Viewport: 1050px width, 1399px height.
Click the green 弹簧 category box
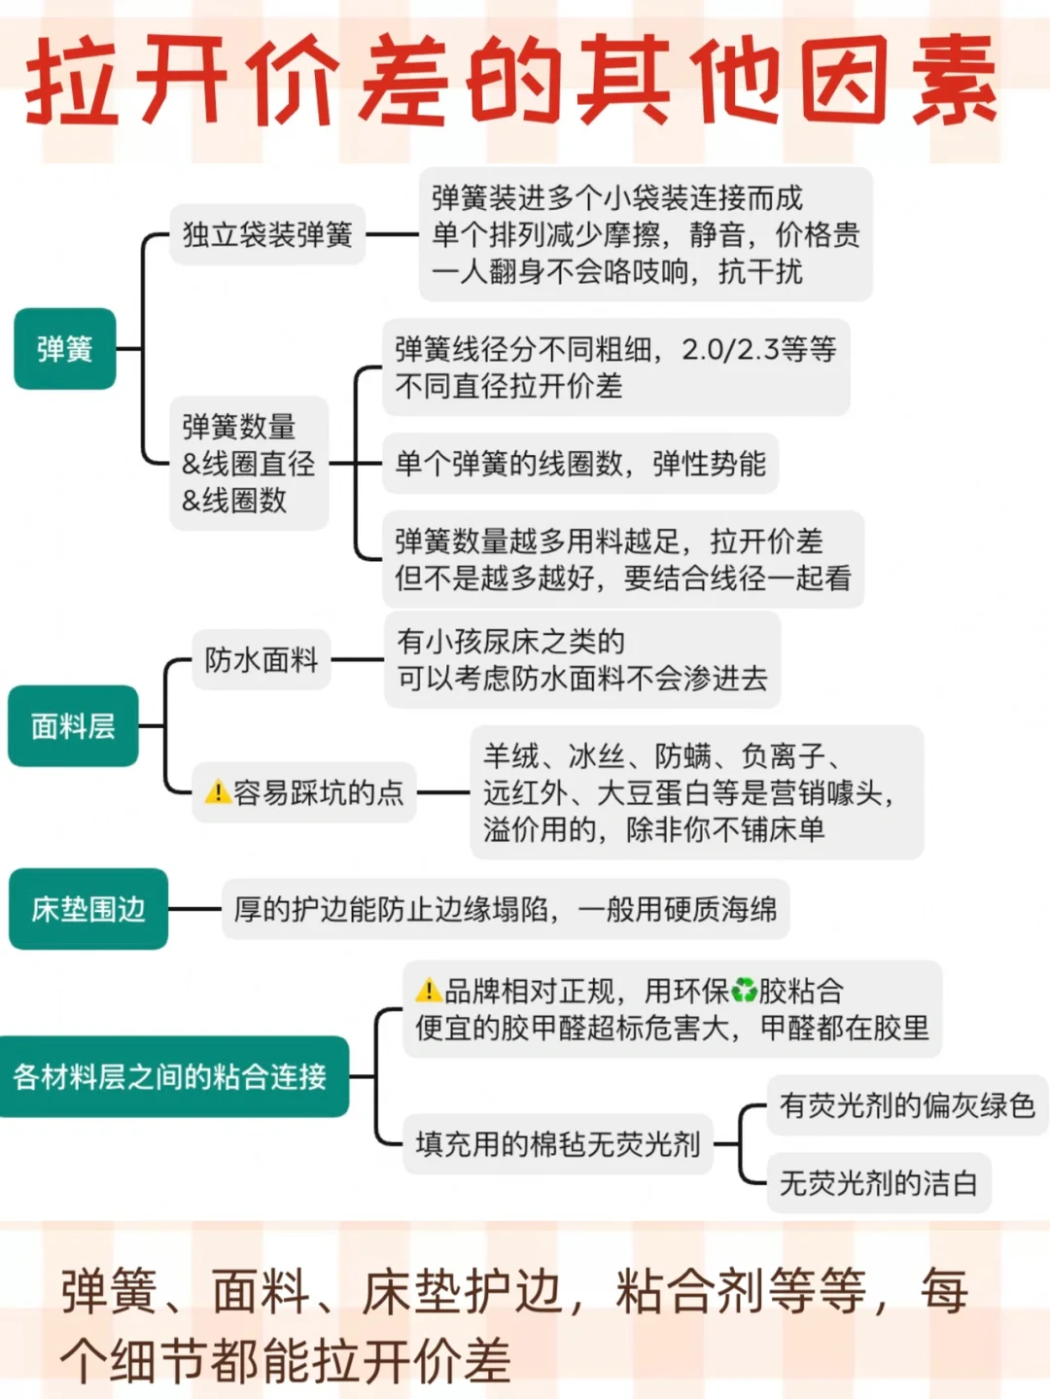point(65,349)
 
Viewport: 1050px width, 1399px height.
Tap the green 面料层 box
point(73,726)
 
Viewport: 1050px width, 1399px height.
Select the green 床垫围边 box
point(88,909)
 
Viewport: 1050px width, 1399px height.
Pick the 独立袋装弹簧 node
point(267,234)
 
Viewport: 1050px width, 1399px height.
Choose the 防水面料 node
point(262,660)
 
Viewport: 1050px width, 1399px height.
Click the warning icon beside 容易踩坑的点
point(218,792)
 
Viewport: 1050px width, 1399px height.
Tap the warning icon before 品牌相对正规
point(428,991)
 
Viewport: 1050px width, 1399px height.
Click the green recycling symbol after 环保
point(744,991)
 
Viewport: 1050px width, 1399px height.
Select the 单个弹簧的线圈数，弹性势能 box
point(580,464)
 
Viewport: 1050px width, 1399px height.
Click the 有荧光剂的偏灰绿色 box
point(907,1105)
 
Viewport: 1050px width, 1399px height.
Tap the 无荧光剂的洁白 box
point(878,1183)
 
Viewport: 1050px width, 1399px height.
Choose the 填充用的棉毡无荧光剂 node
point(557,1144)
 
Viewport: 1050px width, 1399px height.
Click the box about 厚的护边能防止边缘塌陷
point(506,909)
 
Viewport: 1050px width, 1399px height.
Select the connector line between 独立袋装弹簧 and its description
point(392,234)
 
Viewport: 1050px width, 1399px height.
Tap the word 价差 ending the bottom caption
point(462,1359)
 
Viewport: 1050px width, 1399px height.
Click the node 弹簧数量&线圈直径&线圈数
point(249,464)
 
